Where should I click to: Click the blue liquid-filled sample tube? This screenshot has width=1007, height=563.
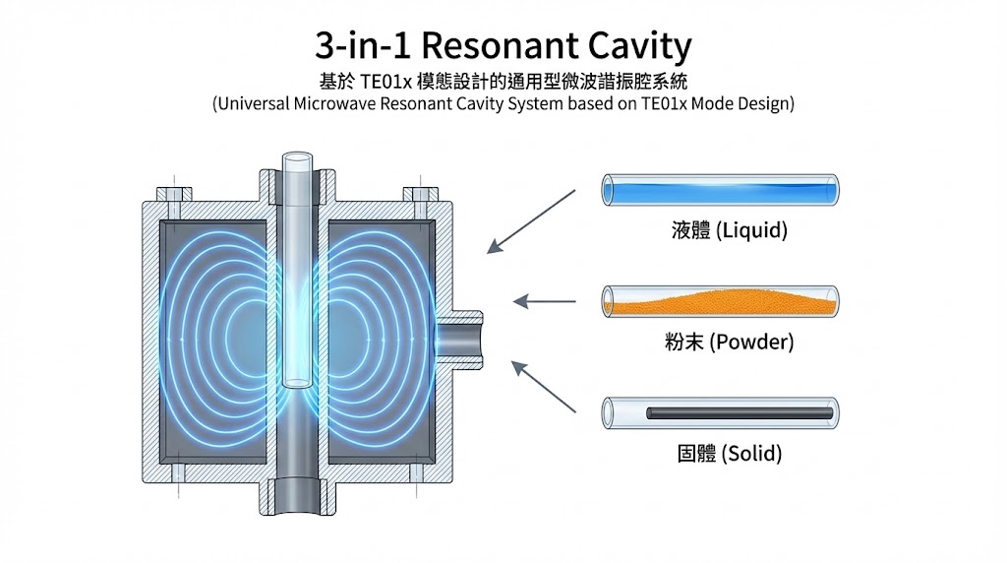click(720, 189)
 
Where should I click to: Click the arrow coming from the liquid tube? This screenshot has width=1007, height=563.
click(531, 221)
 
